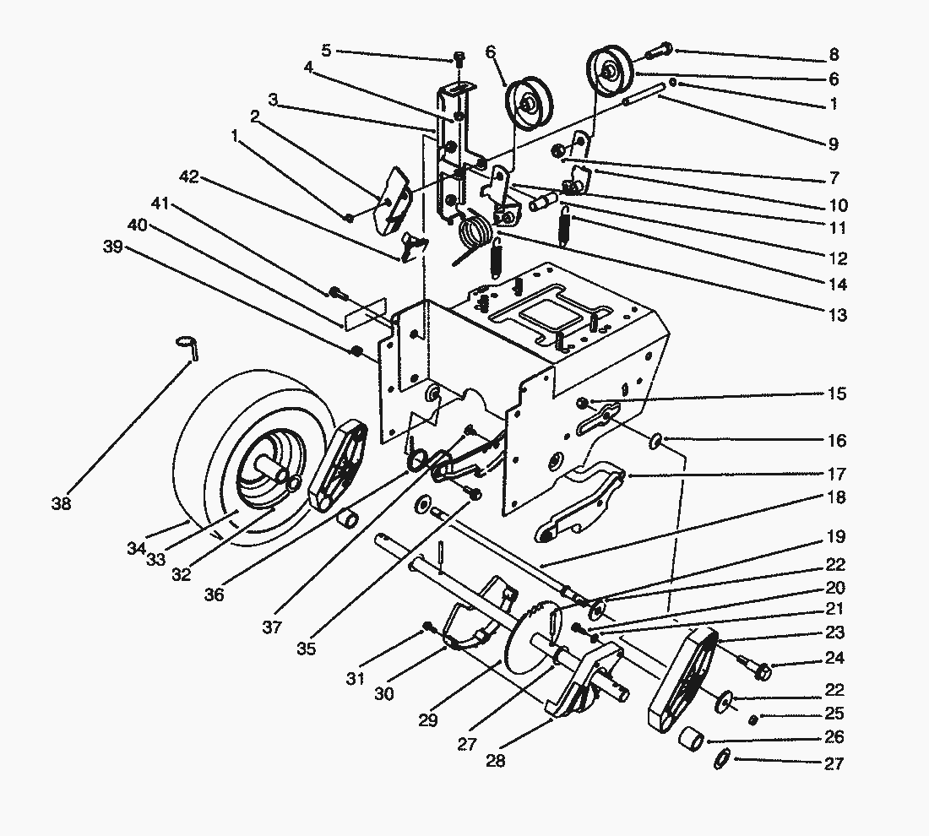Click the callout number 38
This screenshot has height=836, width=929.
pyautogui.click(x=61, y=503)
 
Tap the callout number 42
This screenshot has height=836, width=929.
pyautogui.click(x=189, y=176)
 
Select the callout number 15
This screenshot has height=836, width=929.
pyautogui.click(x=837, y=394)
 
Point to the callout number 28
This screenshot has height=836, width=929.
pyautogui.click(x=495, y=761)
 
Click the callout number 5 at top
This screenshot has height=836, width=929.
pyautogui.click(x=326, y=51)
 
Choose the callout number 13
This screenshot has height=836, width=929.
pyautogui.click(x=837, y=315)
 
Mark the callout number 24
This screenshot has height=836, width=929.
pyautogui.click(x=834, y=658)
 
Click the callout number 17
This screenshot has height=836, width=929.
pyautogui.click(x=837, y=474)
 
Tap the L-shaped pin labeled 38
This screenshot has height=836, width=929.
pyautogui.click(x=187, y=346)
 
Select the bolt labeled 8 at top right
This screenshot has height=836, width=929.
pyautogui.click(x=657, y=51)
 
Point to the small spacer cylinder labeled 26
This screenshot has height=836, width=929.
pyautogui.click(x=691, y=739)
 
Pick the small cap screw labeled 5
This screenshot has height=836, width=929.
pyautogui.click(x=459, y=58)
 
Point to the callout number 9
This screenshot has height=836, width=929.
pyautogui.click(x=834, y=144)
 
